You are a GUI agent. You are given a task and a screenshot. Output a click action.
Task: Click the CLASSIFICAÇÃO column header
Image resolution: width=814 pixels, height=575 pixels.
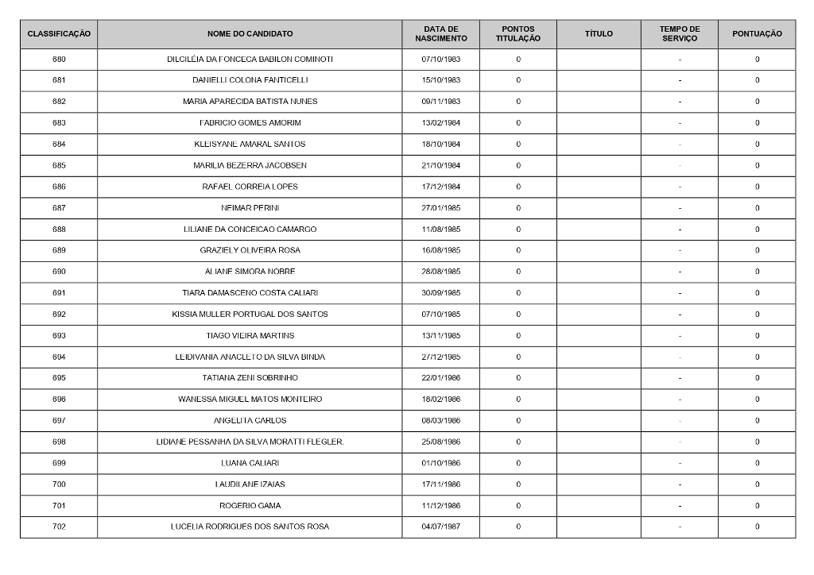point(59,34)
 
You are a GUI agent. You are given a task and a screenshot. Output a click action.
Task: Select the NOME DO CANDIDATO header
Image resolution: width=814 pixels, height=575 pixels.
point(250,34)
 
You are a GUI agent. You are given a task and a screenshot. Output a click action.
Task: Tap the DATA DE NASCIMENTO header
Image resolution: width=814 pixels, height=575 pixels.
point(440,34)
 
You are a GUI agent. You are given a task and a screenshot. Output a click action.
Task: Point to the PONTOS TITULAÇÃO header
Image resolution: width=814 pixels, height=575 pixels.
point(518,34)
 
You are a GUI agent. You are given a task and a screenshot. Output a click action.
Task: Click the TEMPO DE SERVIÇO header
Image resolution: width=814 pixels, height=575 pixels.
point(680,34)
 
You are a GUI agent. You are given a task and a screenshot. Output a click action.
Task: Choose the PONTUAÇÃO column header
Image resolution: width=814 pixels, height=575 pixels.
point(757,34)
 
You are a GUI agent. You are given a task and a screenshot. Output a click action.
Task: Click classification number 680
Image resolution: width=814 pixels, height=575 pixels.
point(59,60)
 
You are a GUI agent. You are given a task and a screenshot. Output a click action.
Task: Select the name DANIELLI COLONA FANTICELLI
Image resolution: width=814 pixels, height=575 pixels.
point(250,80)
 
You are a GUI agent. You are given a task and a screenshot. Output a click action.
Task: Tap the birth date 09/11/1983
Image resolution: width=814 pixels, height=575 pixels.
point(441,102)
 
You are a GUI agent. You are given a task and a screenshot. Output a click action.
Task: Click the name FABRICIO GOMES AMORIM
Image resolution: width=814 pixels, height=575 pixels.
point(250,123)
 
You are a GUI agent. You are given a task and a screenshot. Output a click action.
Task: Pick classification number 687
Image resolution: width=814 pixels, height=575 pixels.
point(59,208)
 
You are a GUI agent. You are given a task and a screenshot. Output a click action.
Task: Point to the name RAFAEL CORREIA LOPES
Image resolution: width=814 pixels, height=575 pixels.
point(250,187)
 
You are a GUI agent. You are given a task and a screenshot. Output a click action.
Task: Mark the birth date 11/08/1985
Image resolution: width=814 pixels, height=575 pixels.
point(441,230)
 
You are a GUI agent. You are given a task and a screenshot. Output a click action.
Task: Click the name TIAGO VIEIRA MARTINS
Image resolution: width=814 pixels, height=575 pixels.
point(250,335)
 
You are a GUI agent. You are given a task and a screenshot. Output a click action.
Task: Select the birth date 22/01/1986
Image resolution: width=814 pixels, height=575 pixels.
point(441,378)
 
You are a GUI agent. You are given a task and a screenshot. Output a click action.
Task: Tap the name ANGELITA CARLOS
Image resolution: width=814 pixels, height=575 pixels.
point(250,420)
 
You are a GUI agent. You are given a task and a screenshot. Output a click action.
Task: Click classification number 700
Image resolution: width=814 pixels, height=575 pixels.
point(59,484)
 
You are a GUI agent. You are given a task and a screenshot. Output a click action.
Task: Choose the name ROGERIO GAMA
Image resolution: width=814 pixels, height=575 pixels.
point(250,506)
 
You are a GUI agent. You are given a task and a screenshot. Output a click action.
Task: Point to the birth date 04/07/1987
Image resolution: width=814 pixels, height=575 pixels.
point(441,527)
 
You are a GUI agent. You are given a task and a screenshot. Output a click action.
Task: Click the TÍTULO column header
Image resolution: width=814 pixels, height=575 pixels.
point(599,34)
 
